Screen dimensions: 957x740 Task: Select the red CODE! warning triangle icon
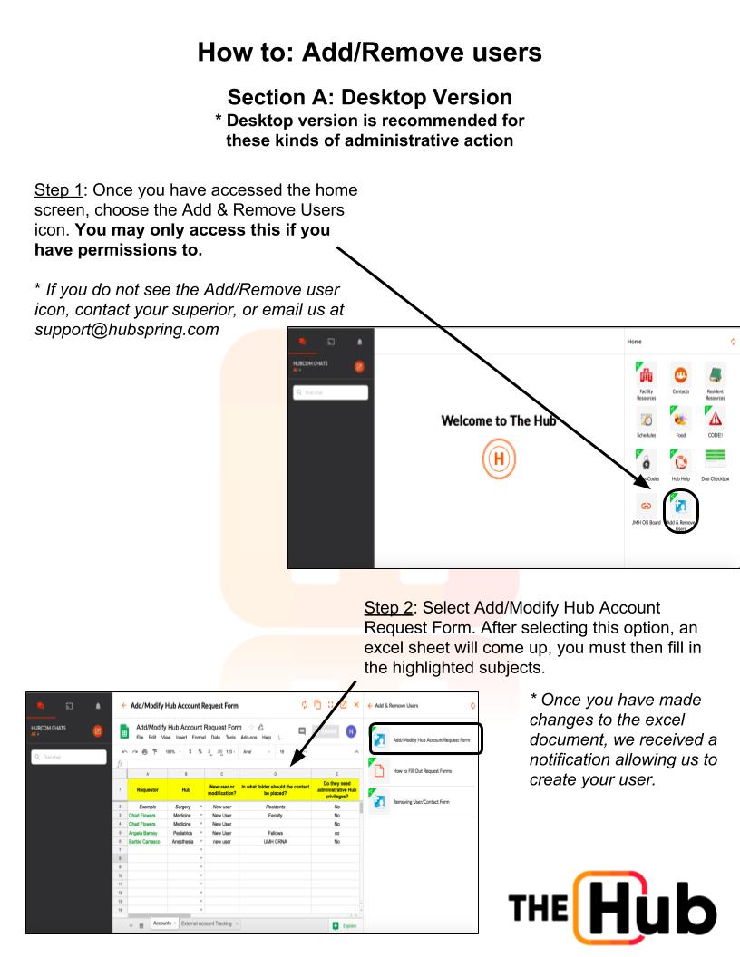click(x=716, y=421)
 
